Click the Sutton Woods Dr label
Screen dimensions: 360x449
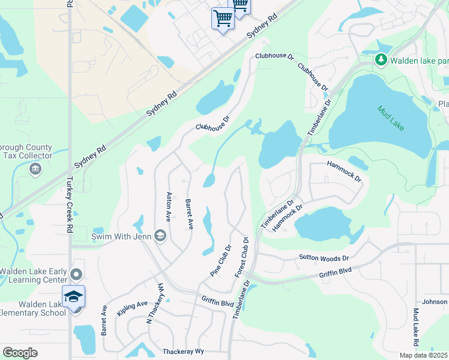(324, 258)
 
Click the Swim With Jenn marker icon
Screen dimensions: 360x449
(160, 235)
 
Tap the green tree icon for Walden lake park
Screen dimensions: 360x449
(381, 60)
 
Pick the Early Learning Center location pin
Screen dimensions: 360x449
(76, 275)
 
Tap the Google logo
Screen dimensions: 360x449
(20, 353)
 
